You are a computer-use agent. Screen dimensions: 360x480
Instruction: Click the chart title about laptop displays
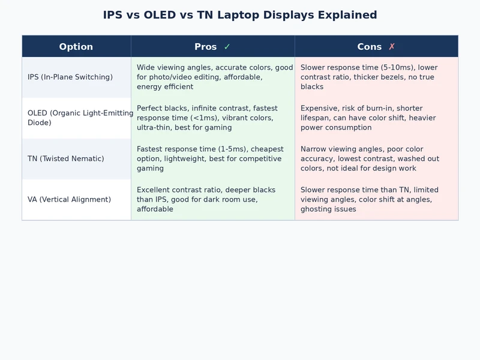coord(240,15)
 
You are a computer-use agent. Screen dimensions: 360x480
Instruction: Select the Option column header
coord(76,47)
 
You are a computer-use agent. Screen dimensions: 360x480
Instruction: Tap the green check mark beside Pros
coord(227,47)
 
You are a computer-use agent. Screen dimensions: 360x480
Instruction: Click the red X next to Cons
coord(392,47)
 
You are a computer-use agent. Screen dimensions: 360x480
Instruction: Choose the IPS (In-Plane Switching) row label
coord(70,77)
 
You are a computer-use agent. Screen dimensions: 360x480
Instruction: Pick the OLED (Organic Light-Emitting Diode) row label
coord(77,118)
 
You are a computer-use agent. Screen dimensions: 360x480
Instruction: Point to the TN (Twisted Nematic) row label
coord(65,159)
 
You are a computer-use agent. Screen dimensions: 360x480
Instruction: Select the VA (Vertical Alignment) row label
coord(69,200)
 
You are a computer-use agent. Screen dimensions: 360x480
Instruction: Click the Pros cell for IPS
coord(212,77)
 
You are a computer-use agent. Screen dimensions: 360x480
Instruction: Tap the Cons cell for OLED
coord(376,118)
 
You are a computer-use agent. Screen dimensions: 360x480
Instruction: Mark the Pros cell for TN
coord(212,159)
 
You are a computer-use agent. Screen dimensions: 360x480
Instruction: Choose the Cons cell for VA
coord(376,200)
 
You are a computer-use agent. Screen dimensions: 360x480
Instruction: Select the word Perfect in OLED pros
coord(149,109)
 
